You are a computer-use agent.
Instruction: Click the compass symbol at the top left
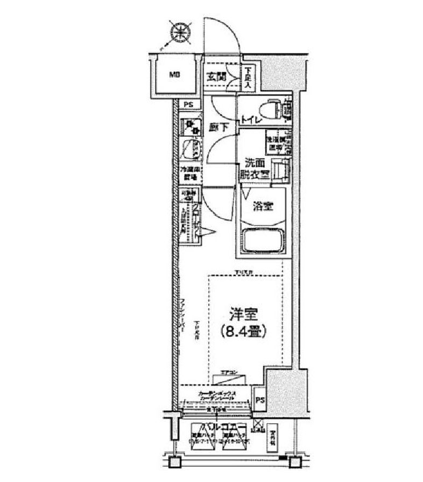coord(179,32)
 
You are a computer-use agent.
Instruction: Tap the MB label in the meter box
coord(175,75)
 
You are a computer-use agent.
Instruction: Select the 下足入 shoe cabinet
coord(248,78)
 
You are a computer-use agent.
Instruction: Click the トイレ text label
coord(251,121)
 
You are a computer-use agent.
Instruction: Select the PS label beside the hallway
coord(188,105)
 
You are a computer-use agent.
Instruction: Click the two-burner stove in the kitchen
coord(190,127)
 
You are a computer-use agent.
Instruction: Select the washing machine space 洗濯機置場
coord(276,143)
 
